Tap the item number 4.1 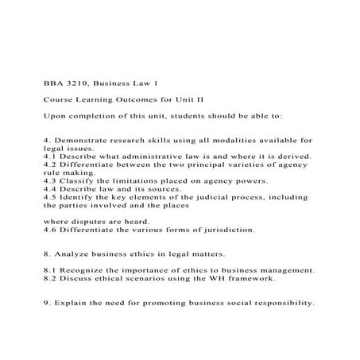pyautogui.click(x=50, y=156)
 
